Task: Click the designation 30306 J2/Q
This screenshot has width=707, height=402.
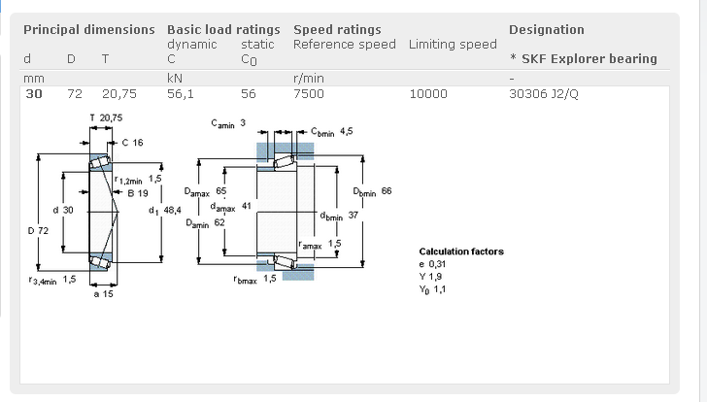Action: pyautogui.click(x=545, y=94)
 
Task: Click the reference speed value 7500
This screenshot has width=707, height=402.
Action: pyautogui.click(x=309, y=94)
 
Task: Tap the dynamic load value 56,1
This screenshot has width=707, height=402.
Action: pyautogui.click(x=180, y=94)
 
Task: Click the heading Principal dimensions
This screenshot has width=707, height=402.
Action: pyautogui.click(x=88, y=29)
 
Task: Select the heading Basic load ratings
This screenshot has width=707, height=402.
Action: pyautogui.click(x=223, y=29)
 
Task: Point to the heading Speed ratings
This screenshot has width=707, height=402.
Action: pyautogui.click(x=337, y=29)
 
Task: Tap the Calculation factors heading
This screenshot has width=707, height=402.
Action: pyautogui.click(x=461, y=251)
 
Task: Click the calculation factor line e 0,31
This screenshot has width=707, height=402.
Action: pyautogui.click(x=433, y=264)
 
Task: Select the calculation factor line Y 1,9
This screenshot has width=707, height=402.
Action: pyautogui.click(x=431, y=277)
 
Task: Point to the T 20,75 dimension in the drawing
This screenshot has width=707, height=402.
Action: pyautogui.click(x=106, y=118)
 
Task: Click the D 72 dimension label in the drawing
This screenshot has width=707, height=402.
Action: pyautogui.click(x=39, y=230)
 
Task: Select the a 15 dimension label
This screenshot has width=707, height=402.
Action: pyautogui.click(x=104, y=293)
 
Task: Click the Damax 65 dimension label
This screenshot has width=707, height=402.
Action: pyautogui.click(x=205, y=192)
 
